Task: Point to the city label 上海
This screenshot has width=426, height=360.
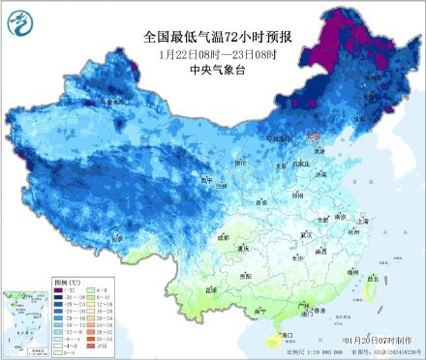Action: point(363,221)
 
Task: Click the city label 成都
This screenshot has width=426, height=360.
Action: point(225,235)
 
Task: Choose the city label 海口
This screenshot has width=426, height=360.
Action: point(286,334)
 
